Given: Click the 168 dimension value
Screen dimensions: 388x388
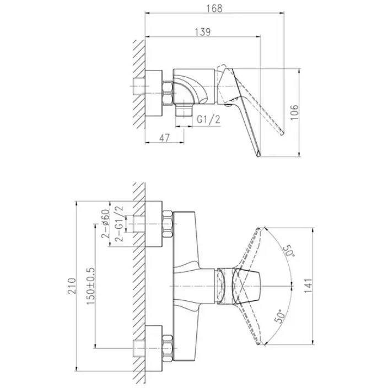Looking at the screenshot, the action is (214, 8).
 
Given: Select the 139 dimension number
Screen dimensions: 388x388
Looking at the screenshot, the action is (203, 32).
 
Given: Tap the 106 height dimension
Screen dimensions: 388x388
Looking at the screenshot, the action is (294, 112).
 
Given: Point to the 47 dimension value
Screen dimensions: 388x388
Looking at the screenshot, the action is (165, 138).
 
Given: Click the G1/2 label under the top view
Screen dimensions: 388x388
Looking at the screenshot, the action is (208, 120).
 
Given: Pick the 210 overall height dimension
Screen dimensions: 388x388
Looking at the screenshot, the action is (72, 286).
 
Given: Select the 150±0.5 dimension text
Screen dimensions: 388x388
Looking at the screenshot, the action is (90, 286).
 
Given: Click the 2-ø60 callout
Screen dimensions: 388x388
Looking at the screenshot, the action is (105, 224).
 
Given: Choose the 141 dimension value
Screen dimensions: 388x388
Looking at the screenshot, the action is (308, 286).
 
